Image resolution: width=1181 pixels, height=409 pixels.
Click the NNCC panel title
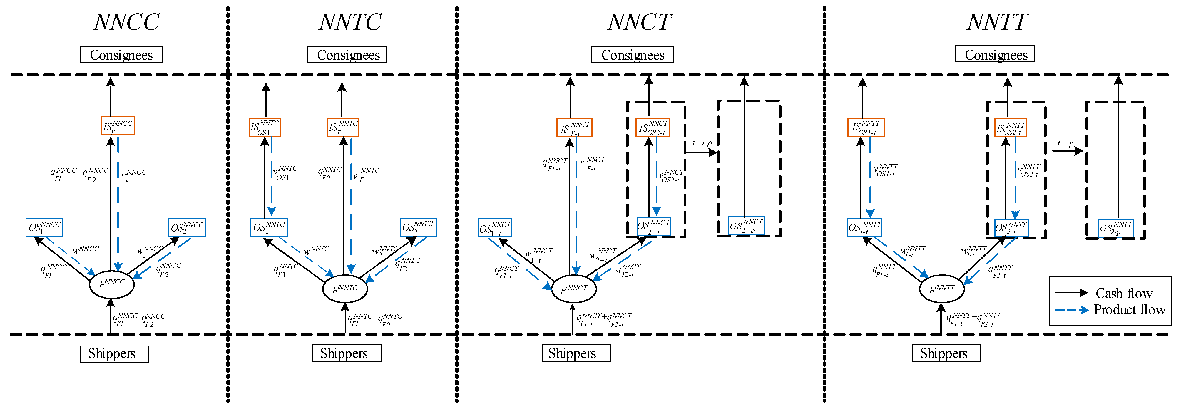click(x=126, y=22)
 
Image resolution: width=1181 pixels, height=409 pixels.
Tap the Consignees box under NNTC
click(x=347, y=55)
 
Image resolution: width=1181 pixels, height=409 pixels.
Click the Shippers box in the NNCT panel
click(x=576, y=353)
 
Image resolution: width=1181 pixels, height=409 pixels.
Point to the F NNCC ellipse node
click(x=111, y=284)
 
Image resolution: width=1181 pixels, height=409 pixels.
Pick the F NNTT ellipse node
click(x=942, y=289)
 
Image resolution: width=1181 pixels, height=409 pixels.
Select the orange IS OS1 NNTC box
click(x=265, y=127)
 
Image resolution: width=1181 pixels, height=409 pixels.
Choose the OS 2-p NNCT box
click(x=746, y=226)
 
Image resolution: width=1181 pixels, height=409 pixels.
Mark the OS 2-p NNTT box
click(x=1116, y=228)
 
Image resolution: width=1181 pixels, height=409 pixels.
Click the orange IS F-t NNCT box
click(x=574, y=128)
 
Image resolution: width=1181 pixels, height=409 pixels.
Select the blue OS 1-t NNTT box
click(x=864, y=227)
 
